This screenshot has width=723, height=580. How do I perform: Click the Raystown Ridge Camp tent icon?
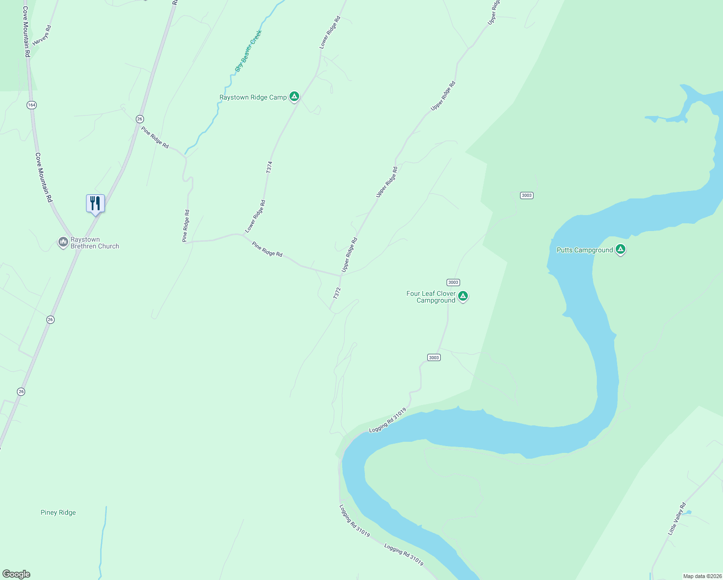tap(294, 96)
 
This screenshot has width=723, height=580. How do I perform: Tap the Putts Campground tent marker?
tap(621, 249)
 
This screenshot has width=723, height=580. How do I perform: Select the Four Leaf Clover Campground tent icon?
tap(463, 296)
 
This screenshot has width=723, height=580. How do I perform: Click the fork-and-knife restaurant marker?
tap(95, 203)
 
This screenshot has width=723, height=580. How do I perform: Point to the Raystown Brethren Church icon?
tap(63, 242)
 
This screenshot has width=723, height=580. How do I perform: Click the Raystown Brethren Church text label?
tap(95, 243)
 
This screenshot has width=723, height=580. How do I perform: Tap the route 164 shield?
tap(31, 105)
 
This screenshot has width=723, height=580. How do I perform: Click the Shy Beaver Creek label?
tap(248, 51)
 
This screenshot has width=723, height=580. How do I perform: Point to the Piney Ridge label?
tap(58, 512)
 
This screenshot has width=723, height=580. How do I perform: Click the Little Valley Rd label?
tap(677, 519)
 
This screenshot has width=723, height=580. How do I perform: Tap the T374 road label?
tap(269, 167)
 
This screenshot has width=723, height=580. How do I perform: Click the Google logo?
tap(16, 574)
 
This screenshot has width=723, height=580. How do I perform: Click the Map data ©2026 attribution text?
tap(701, 576)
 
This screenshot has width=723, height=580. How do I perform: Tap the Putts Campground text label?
tap(584, 250)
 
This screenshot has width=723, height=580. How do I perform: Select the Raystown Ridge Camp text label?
tap(253, 97)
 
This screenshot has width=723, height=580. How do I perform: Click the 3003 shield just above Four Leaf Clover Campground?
tap(453, 282)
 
